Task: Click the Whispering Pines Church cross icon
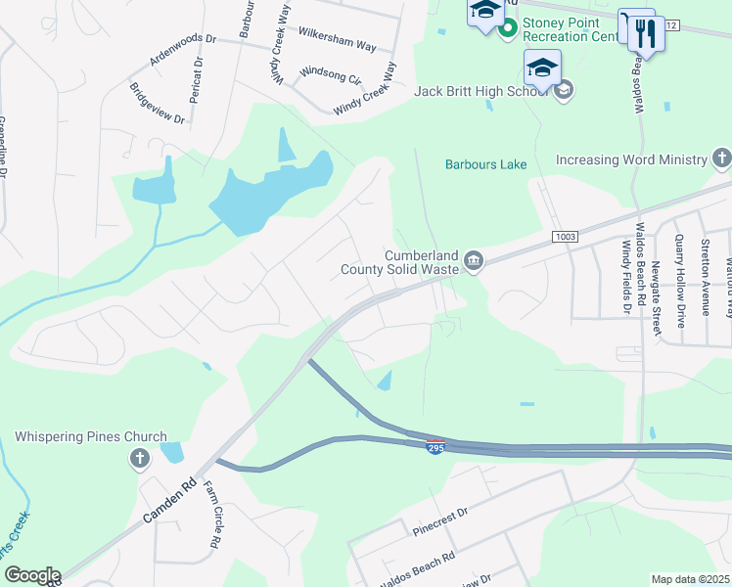coord(139,458)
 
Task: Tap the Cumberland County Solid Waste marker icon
coord(474,259)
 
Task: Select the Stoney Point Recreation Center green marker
coord(507,28)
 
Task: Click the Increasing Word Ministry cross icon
coord(721,158)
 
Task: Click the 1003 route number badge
coord(565,237)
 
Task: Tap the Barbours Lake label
coord(486,164)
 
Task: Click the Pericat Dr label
coord(199,73)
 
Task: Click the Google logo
coord(31,575)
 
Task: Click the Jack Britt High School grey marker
coord(563,92)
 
